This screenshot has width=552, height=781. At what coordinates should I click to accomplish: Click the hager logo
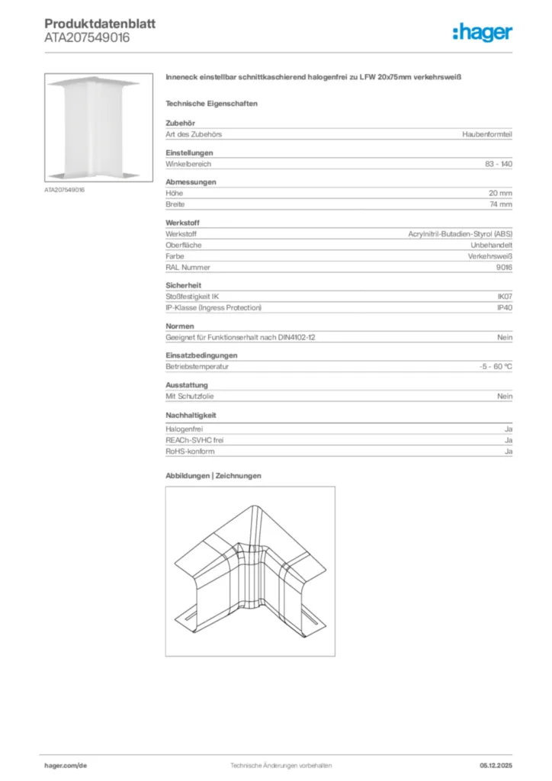[x=483, y=32]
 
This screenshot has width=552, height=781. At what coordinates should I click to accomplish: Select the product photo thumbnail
[x=93, y=127]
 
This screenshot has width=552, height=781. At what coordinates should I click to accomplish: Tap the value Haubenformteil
[x=487, y=134]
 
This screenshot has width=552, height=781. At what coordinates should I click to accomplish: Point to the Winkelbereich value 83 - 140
[x=499, y=164]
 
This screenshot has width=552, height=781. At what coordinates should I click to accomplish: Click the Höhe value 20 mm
[x=500, y=194]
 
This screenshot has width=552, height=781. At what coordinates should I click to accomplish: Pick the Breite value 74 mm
[x=500, y=204]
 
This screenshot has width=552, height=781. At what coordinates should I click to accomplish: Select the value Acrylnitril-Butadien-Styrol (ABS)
[x=461, y=234]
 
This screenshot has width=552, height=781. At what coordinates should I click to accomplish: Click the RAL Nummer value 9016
[x=504, y=267]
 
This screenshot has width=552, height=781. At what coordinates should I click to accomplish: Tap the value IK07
[x=504, y=297]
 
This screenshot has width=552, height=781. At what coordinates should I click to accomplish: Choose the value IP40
[x=504, y=307]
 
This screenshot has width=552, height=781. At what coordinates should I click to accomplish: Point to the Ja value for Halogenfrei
[x=508, y=429]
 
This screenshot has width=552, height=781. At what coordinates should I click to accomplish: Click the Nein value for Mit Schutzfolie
[x=505, y=397]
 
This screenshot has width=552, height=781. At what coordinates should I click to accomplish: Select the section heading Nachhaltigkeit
[x=191, y=416]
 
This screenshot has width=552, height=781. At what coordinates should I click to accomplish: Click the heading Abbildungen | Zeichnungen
[x=213, y=476]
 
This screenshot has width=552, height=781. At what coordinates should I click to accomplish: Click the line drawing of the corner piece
[x=250, y=571]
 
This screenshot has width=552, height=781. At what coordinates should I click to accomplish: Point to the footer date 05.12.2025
[x=496, y=765]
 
